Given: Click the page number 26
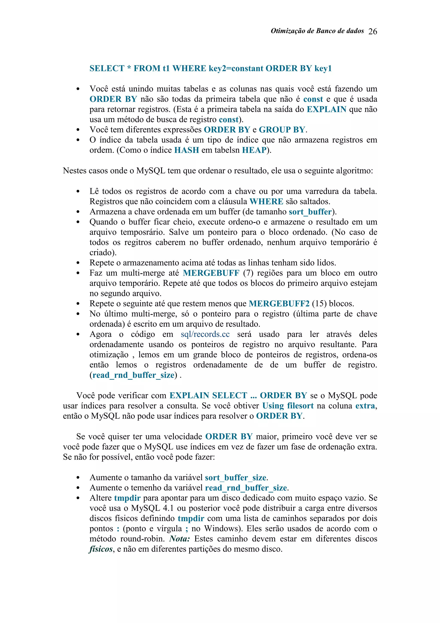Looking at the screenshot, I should (373, 31).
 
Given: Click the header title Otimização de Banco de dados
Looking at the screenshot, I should (317, 31).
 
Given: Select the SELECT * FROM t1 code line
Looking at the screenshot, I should (210, 68).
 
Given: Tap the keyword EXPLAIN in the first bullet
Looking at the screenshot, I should (326, 109).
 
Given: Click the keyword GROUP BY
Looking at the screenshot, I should (282, 130).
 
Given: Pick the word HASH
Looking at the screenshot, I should (186, 150).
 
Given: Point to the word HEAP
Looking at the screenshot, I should (254, 150).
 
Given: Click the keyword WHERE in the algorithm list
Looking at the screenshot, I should (266, 201).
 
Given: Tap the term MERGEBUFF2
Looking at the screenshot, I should (279, 304).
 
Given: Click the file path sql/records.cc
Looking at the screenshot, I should (205, 334).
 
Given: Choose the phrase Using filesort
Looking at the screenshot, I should (288, 406).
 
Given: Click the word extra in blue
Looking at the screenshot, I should (365, 406).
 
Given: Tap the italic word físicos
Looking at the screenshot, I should (101, 549).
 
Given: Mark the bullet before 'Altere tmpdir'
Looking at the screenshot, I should (78, 498).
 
